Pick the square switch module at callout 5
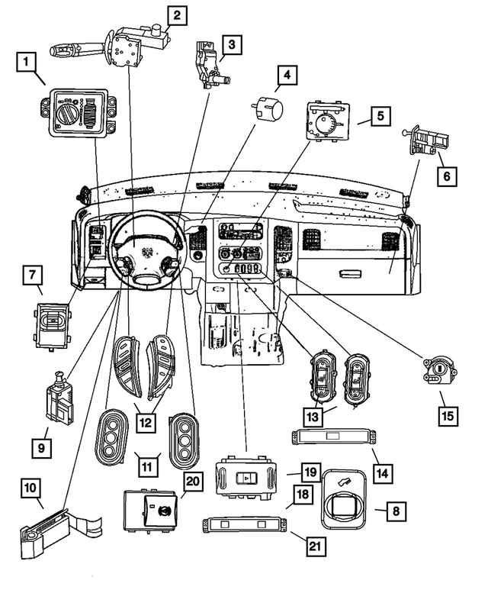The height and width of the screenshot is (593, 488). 329,121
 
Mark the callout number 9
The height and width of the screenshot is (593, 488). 40,445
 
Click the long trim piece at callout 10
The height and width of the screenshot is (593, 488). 57,527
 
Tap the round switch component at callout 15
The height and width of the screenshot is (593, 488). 434,371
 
